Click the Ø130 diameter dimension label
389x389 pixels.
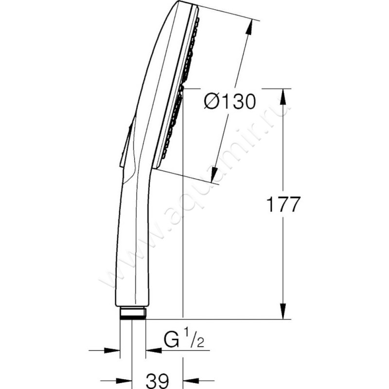[230, 102]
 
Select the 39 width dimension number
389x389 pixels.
[157, 381]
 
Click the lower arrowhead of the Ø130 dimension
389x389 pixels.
[213, 175]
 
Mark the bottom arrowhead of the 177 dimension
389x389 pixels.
[283, 311]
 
